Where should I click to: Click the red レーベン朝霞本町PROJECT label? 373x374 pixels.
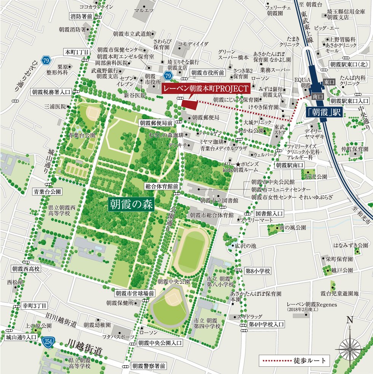tap(206, 89)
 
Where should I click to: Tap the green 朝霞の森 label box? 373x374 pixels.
tap(131, 204)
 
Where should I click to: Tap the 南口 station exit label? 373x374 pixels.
tap(316, 97)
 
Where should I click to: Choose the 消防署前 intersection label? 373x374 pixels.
tap(81, 16)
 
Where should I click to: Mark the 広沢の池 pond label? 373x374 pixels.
tap(246, 246)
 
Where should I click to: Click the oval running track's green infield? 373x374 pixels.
tap(193, 249)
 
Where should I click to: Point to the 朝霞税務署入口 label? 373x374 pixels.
tap(51, 92)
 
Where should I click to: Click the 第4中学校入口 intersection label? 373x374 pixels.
tap(266, 324)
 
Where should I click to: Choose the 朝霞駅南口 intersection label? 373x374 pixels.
tap(290, 165)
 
